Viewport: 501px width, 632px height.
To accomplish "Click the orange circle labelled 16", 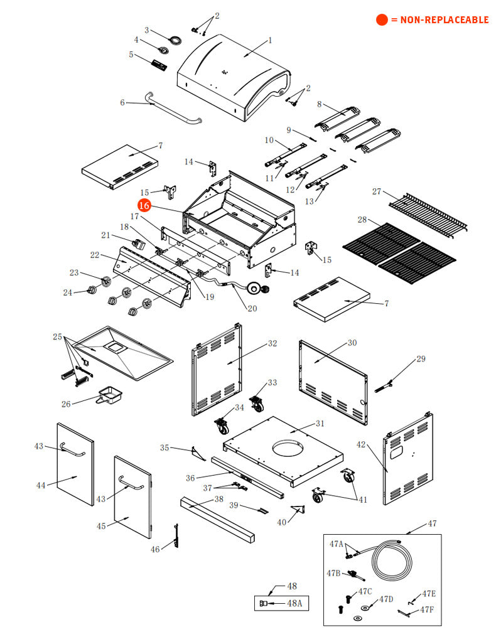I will [144, 205].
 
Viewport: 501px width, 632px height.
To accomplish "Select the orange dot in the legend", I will [382, 20].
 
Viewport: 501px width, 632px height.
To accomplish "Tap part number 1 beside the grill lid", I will [270, 40].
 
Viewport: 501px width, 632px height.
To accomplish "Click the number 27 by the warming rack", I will [377, 191].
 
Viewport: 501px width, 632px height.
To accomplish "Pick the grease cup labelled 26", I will [111, 395].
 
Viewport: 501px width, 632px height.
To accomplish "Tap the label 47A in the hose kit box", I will [337, 544].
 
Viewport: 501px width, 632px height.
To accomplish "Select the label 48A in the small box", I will [294, 604].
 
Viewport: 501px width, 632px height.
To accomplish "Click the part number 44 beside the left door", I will [41, 485].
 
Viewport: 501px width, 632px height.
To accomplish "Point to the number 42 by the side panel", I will [360, 444].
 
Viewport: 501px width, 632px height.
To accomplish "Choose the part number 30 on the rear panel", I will [352, 343].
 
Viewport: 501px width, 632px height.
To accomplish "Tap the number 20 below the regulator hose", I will [252, 308].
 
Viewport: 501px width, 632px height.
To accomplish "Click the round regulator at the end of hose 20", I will [255, 289].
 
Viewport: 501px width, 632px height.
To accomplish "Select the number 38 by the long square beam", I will [218, 500].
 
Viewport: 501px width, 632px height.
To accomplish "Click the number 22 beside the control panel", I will [94, 255].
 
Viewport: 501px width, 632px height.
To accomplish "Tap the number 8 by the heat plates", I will [319, 104].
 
